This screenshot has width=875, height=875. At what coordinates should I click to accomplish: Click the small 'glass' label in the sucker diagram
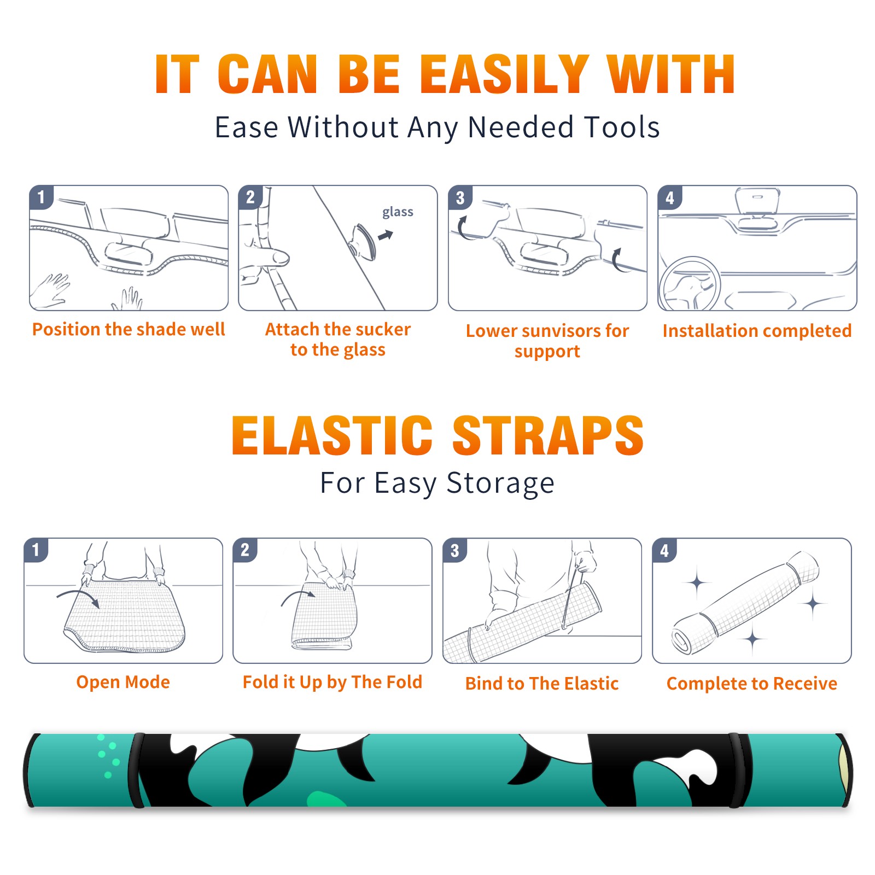[x=398, y=212]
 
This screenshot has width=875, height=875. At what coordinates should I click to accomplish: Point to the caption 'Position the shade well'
[x=129, y=329]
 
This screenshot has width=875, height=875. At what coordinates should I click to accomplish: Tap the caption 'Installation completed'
[x=757, y=330]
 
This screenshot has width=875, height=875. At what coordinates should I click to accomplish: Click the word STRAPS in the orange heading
[x=548, y=435]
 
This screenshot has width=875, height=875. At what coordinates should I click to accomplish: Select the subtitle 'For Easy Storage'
[x=437, y=483]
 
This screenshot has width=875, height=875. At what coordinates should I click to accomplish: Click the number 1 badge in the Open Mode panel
[x=36, y=550]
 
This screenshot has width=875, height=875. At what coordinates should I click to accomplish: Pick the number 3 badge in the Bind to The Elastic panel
[x=455, y=550]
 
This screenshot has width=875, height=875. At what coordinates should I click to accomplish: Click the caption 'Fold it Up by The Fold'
[x=332, y=682]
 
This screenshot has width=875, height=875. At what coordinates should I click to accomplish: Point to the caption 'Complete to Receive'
[x=752, y=684]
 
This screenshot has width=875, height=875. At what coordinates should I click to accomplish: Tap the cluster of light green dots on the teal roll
[x=108, y=755]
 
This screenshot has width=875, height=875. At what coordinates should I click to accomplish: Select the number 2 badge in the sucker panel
[x=250, y=197]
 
